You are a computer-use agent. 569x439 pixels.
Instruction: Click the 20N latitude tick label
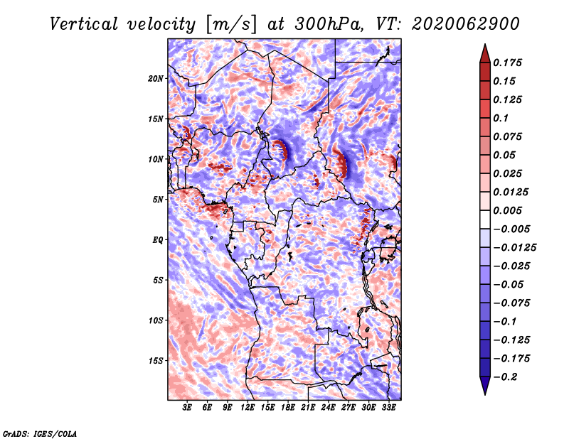click(156, 78)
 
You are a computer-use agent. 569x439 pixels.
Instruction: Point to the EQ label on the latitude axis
click(159, 239)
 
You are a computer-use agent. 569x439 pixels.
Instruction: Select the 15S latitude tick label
click(156, 360)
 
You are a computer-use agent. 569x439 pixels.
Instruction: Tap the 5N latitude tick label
click(158, 200)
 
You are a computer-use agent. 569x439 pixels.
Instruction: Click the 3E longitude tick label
click(188, 408)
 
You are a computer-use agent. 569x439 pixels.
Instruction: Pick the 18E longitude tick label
click(287, 408)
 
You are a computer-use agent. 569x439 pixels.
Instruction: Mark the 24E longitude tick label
click(327, 408)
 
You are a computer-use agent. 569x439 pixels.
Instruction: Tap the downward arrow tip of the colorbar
click(484, 393)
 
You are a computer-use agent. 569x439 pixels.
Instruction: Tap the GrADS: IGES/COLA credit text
click(39, 433)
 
